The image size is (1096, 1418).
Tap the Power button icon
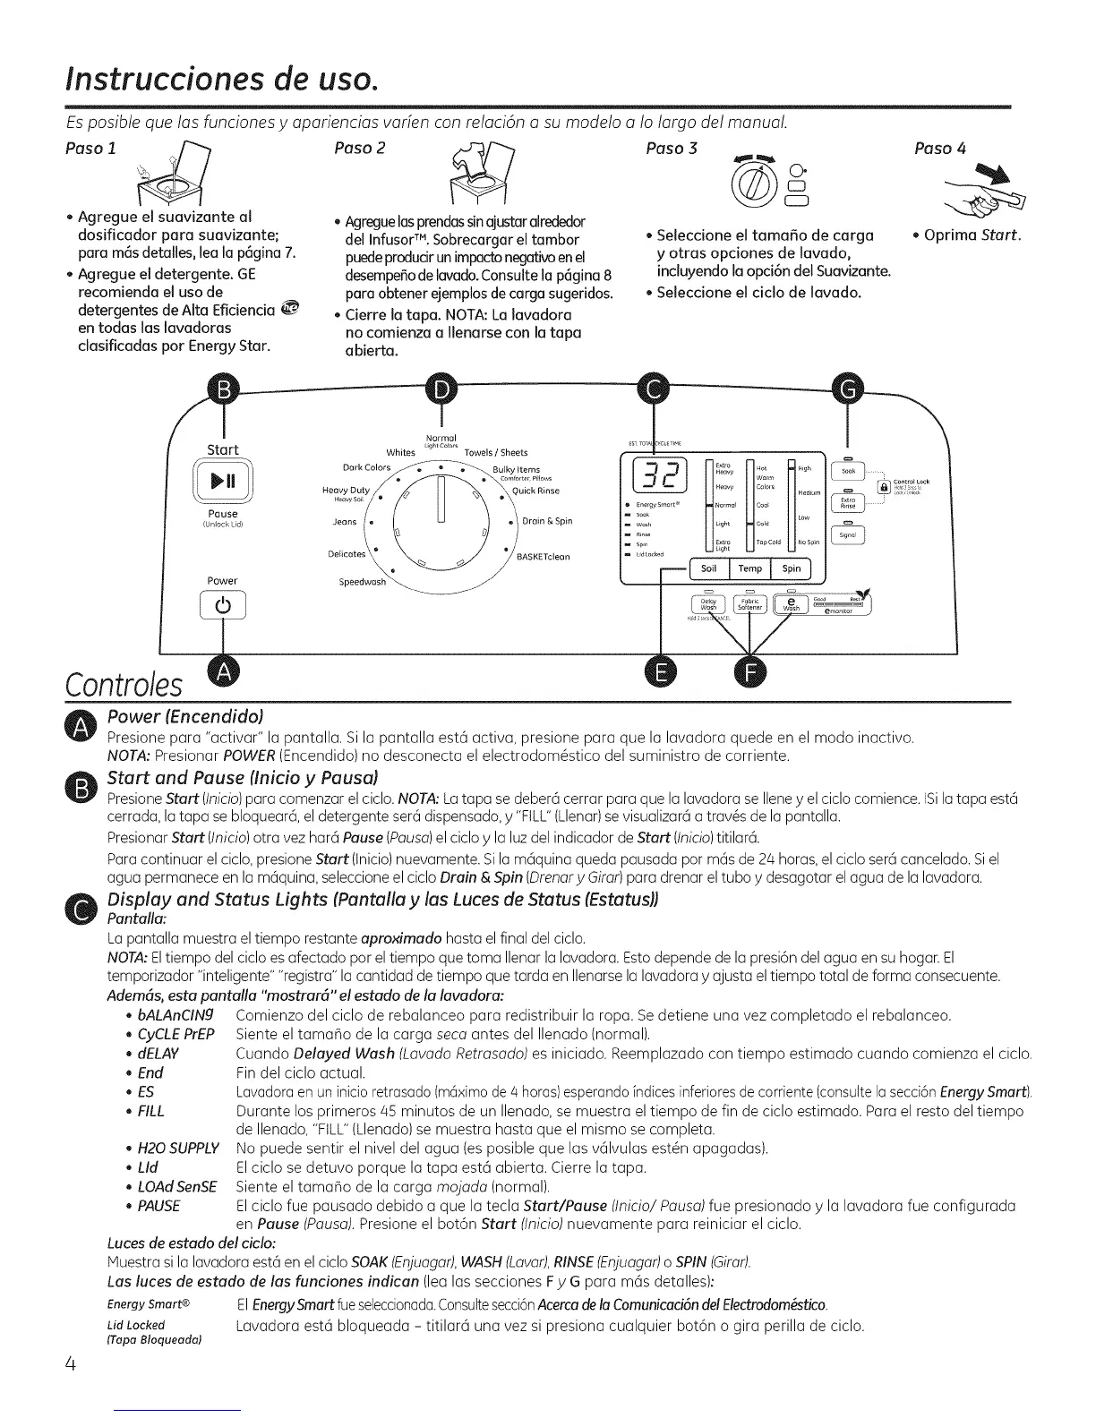222,606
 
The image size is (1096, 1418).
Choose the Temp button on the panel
750,568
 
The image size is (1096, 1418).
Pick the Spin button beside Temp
792,568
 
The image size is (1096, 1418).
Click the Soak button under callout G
848,472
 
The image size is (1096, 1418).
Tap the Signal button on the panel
848,535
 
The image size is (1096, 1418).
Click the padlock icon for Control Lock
885,485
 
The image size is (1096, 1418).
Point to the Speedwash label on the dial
362,582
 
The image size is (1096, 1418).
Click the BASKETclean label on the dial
544,556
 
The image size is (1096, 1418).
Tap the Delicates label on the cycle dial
347,553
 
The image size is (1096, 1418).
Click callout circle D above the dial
441,388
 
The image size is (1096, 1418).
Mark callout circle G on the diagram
847,388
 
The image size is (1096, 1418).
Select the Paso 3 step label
671,148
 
